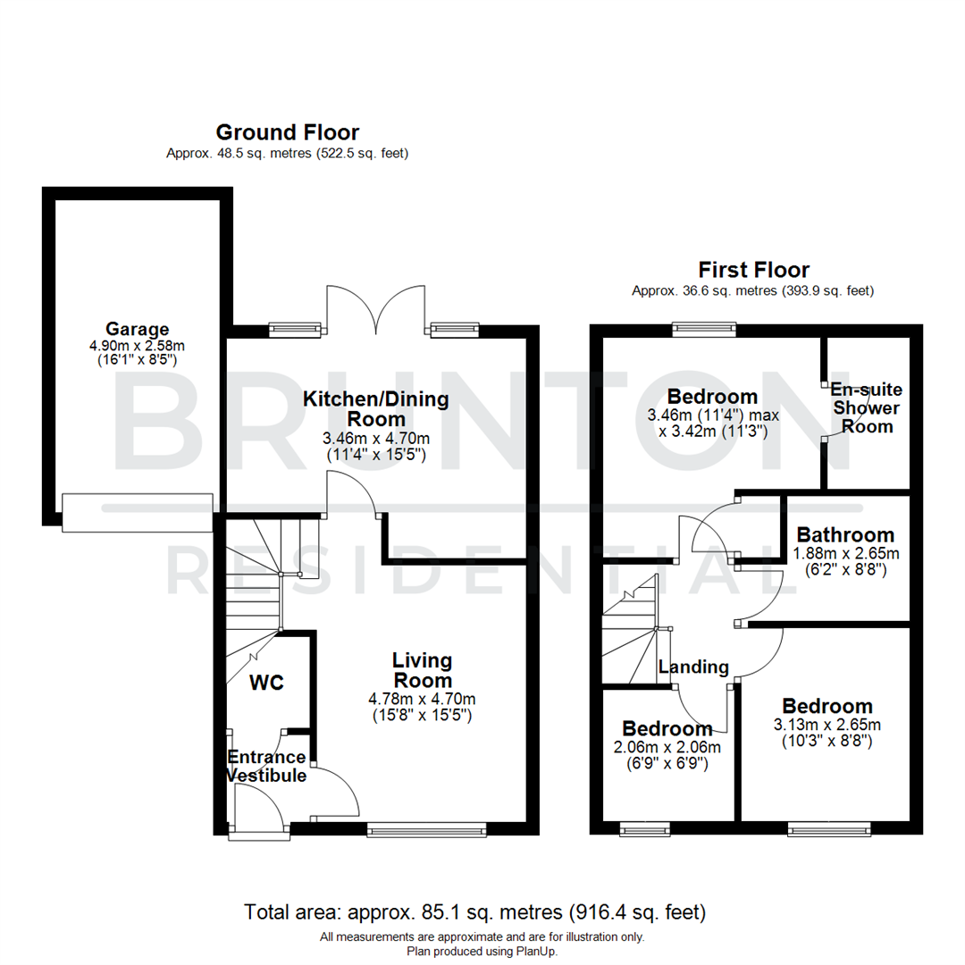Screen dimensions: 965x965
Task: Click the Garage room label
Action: [137, 329]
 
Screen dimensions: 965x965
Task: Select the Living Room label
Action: [423, 670]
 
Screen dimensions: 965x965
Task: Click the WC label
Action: [266, 684]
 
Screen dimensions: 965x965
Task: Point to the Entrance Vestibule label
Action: [266, 767]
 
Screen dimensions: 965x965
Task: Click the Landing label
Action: [693, 667]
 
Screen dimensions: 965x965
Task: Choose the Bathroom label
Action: [845, 535]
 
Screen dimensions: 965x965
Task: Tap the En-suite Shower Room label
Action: [867, 408]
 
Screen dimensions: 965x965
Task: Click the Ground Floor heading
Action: [288, 133]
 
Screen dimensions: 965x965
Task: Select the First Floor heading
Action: [753, 270]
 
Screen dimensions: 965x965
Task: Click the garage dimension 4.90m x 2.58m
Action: [137, 346]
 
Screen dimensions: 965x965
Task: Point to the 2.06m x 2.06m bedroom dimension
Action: [667, 748]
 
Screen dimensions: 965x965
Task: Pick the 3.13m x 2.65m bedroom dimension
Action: [827, 725]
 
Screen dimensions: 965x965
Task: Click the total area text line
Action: [474, 912]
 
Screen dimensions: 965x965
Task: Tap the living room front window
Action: [426, 830]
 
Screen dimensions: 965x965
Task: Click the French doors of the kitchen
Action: [375, 308]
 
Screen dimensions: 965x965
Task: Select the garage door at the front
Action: [137, 512]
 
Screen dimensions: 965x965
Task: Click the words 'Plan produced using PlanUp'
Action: [482, 952]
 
